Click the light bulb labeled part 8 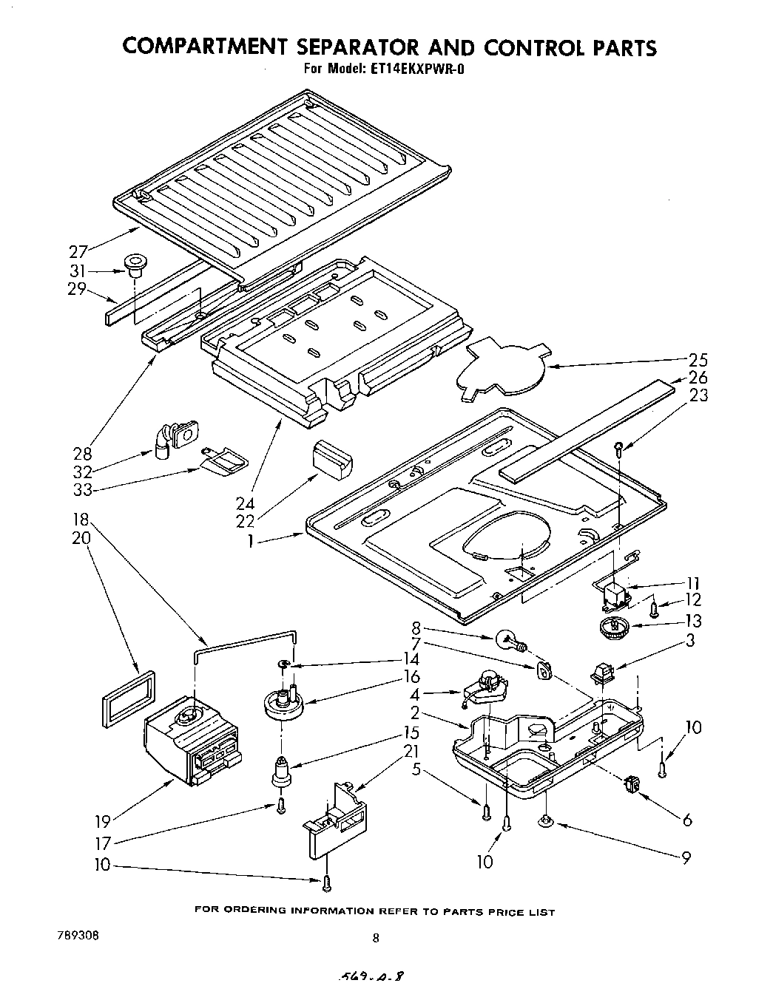pyautogui.click(x=508, y=639)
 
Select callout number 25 pyautogui.click(x=698, y=360)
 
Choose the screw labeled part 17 pyautogui.click(x=281, y=806)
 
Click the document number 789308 pyautogui.click(x=78, y=934)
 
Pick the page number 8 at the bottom pyautogui.click(x=376, y=939)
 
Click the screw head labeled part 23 pyautogui.click(x=618, y=445)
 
